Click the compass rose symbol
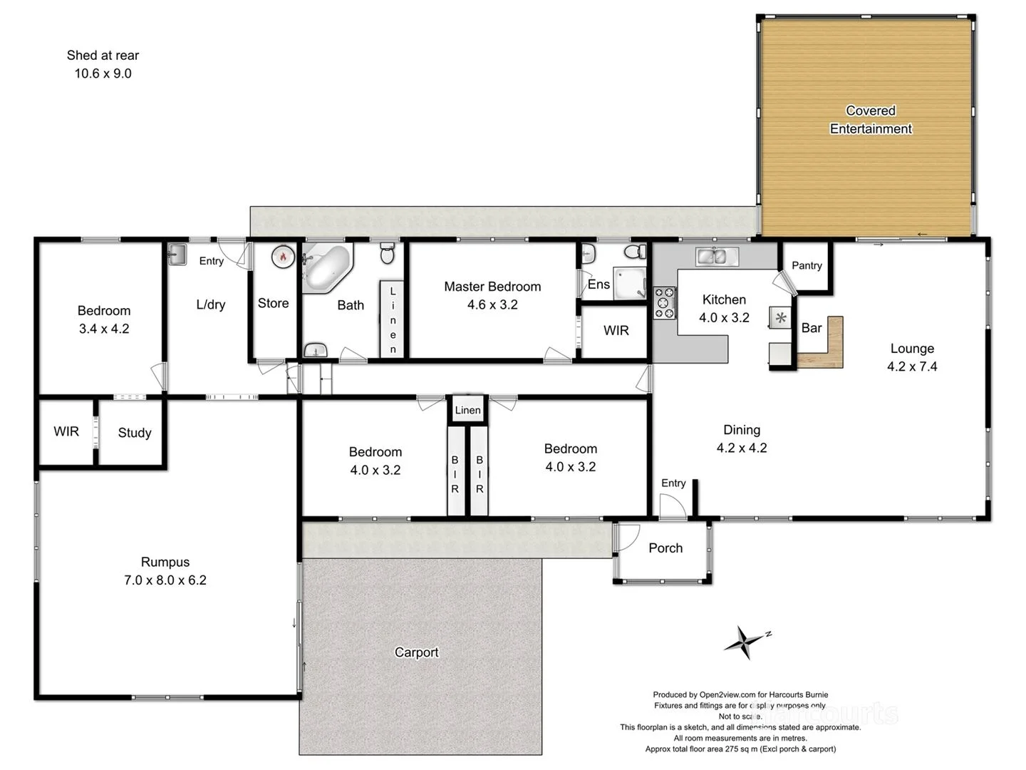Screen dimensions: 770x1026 click(745, 642)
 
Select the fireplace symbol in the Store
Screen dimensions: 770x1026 click(283, 257)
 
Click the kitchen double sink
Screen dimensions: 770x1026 click(716, 256)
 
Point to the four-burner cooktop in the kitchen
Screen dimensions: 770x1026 click(665, 302)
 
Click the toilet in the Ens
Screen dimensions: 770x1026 click(635, 252)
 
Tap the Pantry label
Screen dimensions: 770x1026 click(807, 265)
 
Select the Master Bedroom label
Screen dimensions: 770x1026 click(492, 287)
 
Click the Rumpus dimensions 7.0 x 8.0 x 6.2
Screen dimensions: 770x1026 click(165, 580)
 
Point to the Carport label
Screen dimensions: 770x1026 click(417, 652)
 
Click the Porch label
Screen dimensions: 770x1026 click(665, 548)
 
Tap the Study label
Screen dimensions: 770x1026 click(135, 433)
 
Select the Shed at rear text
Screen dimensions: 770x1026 click(103, 56)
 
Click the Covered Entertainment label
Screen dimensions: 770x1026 click(871, 120)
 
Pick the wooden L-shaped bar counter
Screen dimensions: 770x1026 click(826, 349)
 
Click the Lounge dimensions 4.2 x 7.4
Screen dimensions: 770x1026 click(912, 366)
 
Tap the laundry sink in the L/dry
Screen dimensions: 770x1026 click(177, 255)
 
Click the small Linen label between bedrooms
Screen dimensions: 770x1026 click(467, 410)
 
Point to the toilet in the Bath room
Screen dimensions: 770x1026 click(388, 252)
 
